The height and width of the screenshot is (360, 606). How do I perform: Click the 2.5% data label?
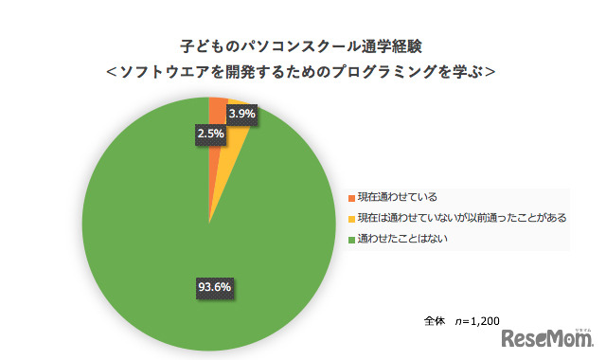click(x=210, y=134)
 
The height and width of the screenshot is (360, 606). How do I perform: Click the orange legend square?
click(x=351, y=197)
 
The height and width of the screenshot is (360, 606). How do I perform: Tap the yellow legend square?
click(x=351, y=218)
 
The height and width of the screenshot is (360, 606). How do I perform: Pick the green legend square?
click(x=351, y=238)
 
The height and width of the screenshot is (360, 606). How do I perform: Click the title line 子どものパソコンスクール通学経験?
click(x=302, y=45)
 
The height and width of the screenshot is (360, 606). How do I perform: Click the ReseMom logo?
click(x=548, y=337)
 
